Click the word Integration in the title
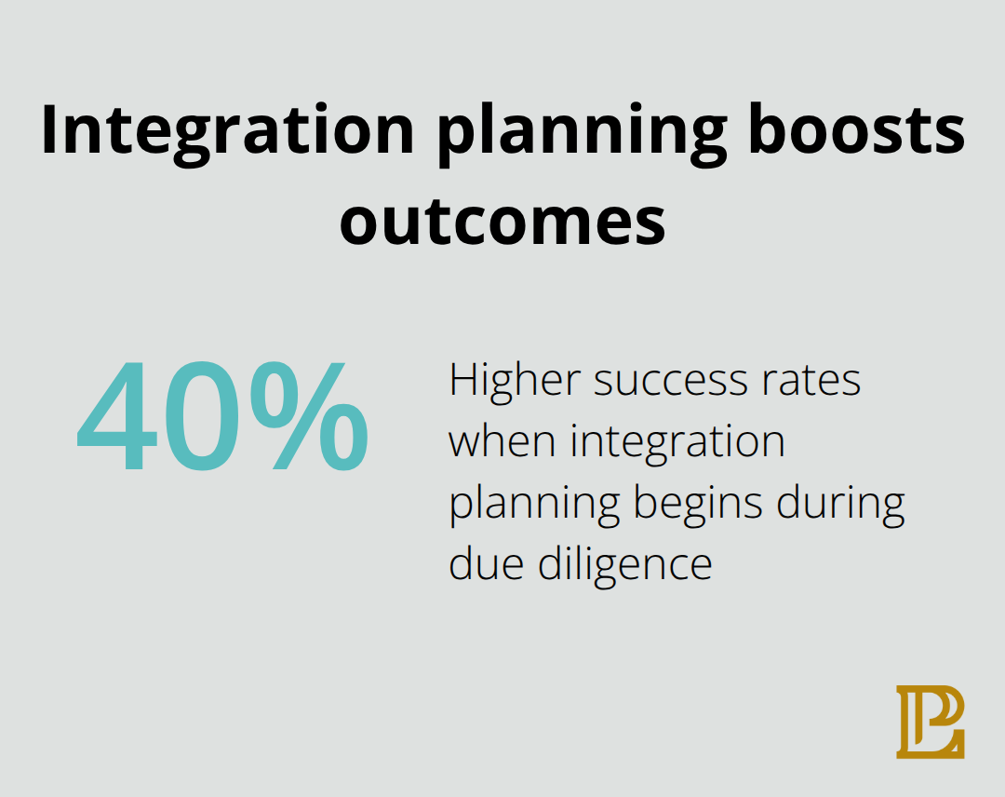coord(227,131)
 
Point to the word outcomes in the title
coord(502,223)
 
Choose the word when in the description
coord(503,442)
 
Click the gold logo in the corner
coord(931,722)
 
